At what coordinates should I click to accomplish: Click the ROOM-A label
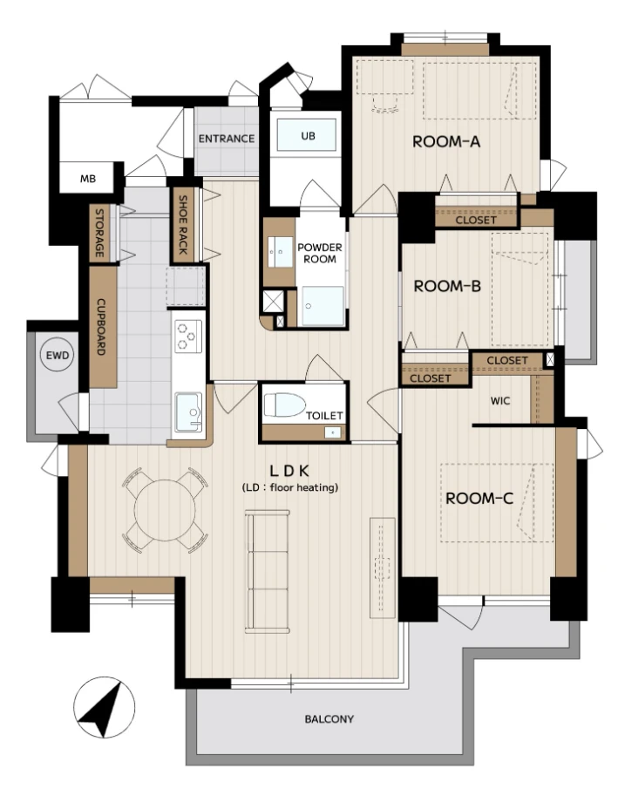click(x=446, y=142)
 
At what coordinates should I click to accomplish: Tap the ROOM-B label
click(x=447, y=286)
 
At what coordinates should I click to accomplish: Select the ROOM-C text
click(x=479, y=499)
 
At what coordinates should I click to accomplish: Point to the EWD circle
click(x=57, y=356)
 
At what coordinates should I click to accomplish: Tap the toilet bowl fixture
click(x=284, y=405)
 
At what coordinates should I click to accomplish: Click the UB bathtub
click(x=308, y=135)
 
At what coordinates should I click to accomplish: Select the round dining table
click(x=165, y=510)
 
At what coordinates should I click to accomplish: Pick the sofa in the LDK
click(x=268, y=571)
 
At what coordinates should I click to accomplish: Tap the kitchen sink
click(x=188, y=412)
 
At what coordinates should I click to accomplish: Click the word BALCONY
click(x=329, y=719)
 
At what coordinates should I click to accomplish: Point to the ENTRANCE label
click(x=227, y=139)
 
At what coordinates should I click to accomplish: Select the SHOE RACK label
click(x=183, y=224)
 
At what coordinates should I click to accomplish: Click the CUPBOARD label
click(x=100, y=327)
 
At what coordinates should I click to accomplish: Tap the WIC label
click(x=500, y=401)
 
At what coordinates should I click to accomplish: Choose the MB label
click(x=88, y=179)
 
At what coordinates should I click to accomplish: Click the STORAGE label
click(x=99, y=233)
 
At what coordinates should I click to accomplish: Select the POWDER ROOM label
click(x=320, y=253)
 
